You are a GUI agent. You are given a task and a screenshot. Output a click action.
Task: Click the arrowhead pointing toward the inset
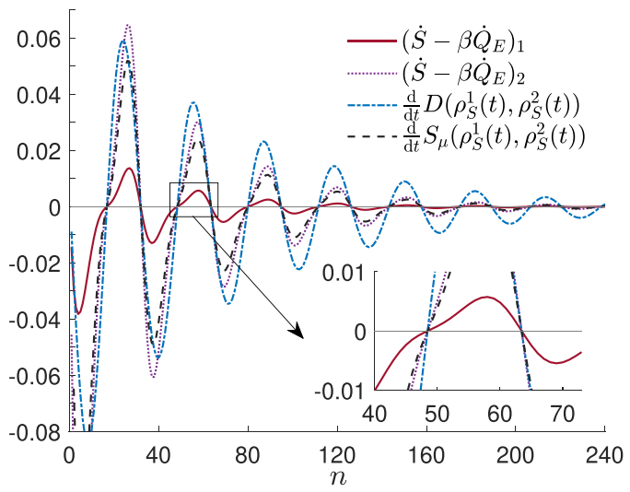(x=298, y=331)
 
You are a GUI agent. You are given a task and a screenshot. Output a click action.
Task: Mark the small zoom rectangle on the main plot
(x=193, y=199)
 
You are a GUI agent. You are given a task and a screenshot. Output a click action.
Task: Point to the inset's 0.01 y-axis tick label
(x=342, y=273)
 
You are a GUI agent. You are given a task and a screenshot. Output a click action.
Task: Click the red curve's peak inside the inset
(x=486, y=297)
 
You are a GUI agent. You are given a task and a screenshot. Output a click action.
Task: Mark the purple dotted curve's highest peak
(x=128, y=25)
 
